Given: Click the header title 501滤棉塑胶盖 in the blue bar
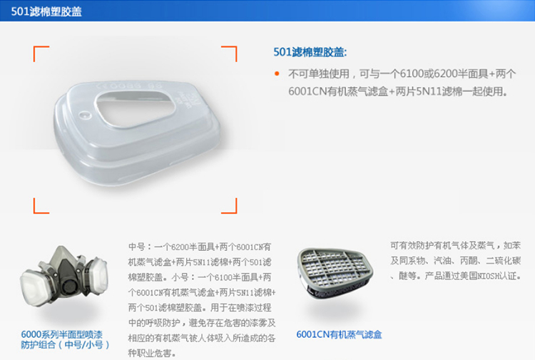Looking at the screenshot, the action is [46, 11].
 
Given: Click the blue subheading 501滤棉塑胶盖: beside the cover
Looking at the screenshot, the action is [310, 52].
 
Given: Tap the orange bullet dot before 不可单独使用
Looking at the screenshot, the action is [277, 73].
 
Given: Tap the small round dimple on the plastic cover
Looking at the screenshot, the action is [85, 115].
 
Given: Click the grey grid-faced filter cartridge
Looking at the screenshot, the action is [335, 272].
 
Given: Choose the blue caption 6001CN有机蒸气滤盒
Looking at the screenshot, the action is [339, 334].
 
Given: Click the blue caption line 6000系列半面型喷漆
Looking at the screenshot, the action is [62, 334].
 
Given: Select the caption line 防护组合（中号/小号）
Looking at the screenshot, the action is [65, 344].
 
